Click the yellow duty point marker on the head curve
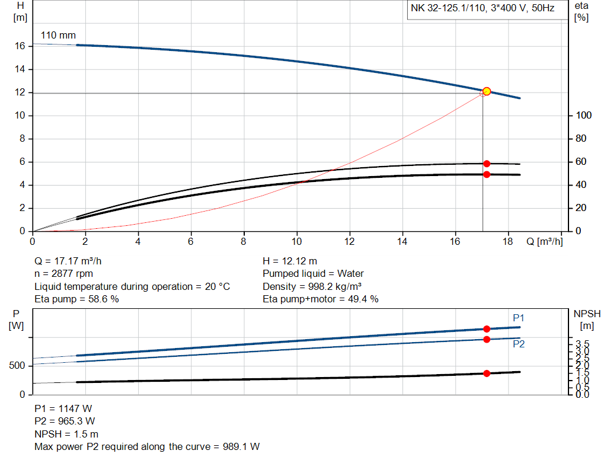(x=487, y=91)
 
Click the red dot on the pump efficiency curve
(x=487, y=164)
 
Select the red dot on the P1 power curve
(x=487, y=329)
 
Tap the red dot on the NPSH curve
(x=487, y=373)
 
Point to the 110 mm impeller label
(x=58, y=36)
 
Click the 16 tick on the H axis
(x=20, y=46)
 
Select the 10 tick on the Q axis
(x=297, y=242)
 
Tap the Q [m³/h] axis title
(x=544, y=242)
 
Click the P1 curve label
(x=519, y=318)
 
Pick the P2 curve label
(x=519, y=344)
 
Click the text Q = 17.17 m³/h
(x=72, y=261)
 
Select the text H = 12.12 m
(x=290, y=261)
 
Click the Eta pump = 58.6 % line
(x=76, y=299)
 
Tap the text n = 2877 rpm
(x=63, y=274)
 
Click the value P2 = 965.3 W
(x=65, y=422)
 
